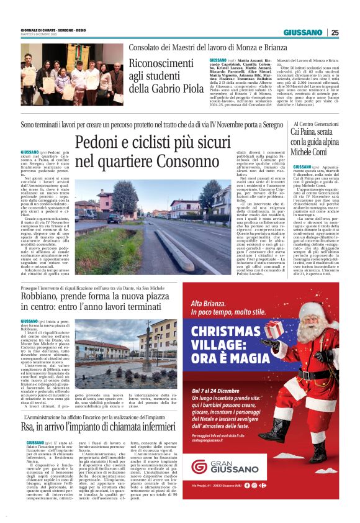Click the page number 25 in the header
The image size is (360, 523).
tap(335, 32)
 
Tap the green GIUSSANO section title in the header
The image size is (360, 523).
tap(303, 32)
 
